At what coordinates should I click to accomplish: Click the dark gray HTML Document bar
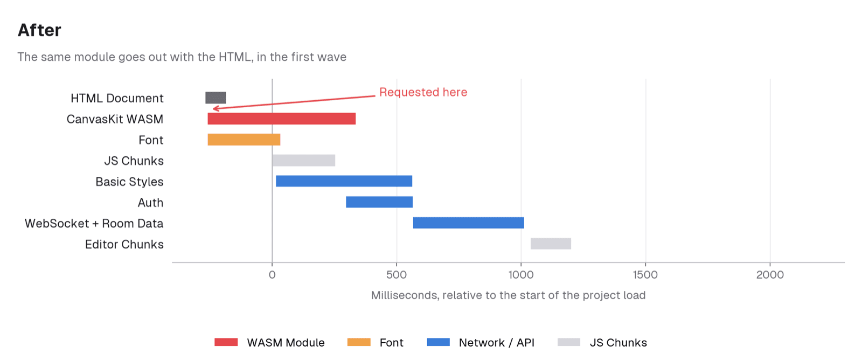215,98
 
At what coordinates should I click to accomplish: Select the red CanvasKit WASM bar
281,119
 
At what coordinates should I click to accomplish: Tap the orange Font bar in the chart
244,140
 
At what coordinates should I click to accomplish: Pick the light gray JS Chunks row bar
304,160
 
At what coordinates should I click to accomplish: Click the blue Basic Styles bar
344,181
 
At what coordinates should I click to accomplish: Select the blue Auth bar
379,202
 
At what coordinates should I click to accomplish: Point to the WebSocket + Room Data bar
468,223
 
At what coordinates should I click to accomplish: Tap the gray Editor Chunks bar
551,244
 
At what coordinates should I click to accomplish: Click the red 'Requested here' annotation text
423,92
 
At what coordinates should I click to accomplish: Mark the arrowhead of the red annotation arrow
213,109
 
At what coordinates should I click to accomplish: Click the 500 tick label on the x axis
397,275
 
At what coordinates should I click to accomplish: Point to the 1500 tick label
645,275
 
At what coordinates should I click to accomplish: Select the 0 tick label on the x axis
272,275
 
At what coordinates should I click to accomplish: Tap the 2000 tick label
770,275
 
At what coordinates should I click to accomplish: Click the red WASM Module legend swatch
226,342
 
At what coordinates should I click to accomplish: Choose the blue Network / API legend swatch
439,342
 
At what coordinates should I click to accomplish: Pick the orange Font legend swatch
359,342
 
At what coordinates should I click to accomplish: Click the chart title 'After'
39,30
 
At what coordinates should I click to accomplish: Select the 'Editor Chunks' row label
124,244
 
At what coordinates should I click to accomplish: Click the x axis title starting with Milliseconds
508,295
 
